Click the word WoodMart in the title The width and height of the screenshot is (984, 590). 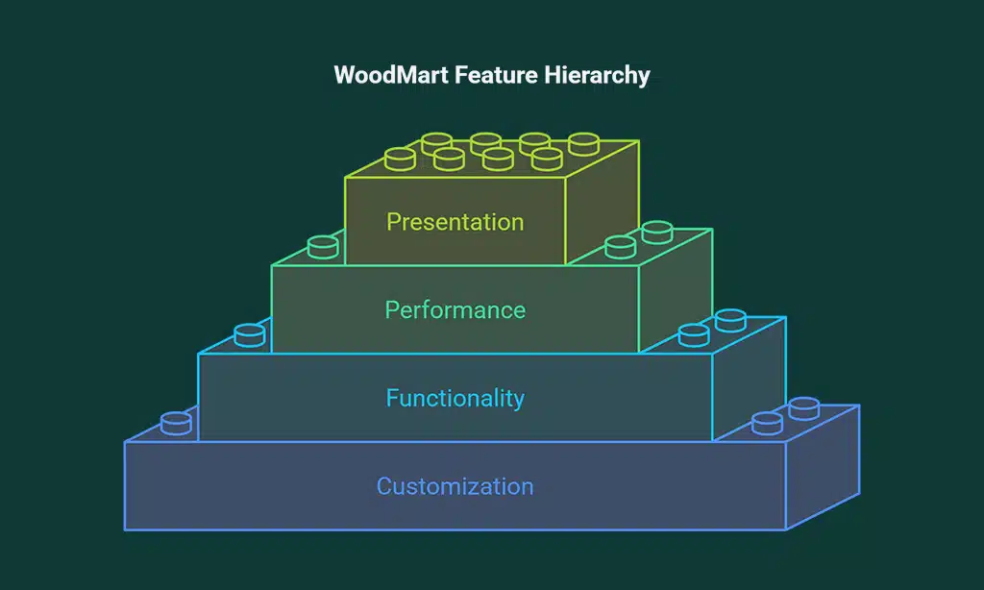coord(381,75)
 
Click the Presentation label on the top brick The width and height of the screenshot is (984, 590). coord(455,222)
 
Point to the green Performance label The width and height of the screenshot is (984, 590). coord(455,310)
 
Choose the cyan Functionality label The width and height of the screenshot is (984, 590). coord(455,398)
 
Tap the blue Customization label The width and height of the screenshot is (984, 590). coord(455,486)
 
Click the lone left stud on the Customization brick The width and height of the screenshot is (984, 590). coord(177,423)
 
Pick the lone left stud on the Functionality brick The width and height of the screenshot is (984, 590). coord(250,334)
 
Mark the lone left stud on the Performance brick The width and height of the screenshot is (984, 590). coord(323,247)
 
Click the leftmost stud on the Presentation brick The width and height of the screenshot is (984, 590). coord(400,159)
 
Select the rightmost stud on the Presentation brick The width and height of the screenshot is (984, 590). coord(583,144)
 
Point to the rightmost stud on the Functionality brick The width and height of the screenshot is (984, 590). coord(730,320)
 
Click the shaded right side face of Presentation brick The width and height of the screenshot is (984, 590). coord(602,207)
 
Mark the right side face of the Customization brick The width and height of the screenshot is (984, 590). coord(823,471)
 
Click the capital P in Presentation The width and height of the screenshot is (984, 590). coord(393,222)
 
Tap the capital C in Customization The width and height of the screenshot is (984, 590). coord(384,486)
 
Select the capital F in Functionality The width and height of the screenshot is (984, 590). coord(392,398)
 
